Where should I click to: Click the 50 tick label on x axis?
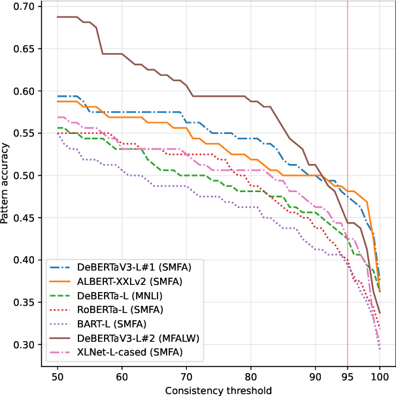[x=58, y=377]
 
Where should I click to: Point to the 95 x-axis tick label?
[x=348, y=377]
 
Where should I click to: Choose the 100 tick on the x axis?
[x=380, y=377]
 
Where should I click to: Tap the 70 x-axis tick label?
[x=186, y=377]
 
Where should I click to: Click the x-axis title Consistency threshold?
[x=218, y=389]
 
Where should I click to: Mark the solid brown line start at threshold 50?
[x=58, y=17]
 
